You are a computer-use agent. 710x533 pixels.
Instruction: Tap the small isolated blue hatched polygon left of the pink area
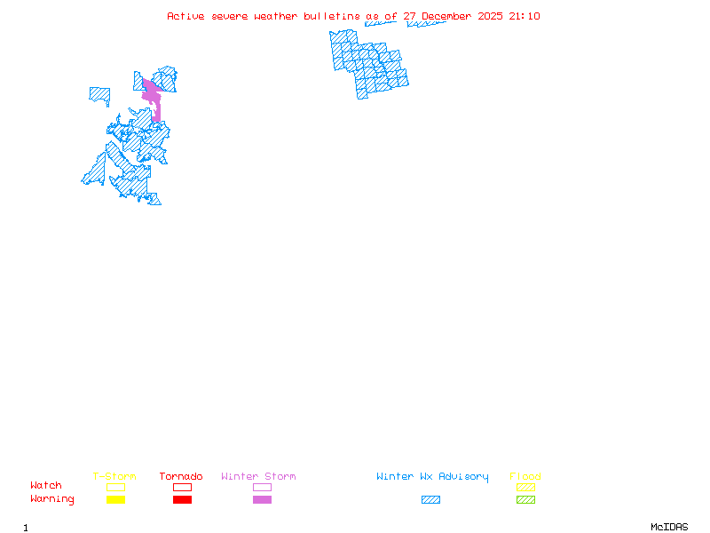click(x=99, y=93)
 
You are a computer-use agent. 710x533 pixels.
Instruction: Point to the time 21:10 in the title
click(x=525, y=16)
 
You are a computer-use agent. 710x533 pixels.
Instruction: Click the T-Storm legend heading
click(x=114, y=477)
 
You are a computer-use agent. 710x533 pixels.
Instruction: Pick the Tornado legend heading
click(x=181, y=477)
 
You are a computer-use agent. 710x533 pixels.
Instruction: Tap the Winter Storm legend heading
click(x=258, y=477)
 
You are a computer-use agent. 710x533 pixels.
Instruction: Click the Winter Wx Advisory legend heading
click(x=432, y=477)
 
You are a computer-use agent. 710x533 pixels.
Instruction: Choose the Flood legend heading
click(x=525, y=477)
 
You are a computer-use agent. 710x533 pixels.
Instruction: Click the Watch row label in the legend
click(x=46, y=486)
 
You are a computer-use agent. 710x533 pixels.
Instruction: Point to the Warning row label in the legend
click(x=52, y=499)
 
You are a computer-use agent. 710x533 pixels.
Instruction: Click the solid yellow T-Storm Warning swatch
click(x=115, y=500)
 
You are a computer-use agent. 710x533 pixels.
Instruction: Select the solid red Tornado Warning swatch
click(x=182, y=500)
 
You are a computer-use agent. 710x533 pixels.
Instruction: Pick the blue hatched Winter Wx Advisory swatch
click(x=430, y=500)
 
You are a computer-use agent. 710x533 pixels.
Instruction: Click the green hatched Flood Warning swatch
click(x=525, y=500)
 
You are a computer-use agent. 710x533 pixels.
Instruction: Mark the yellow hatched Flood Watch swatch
click(x=525, y=487)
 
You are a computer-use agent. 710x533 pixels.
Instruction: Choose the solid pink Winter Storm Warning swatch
click(x=262, y=500)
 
